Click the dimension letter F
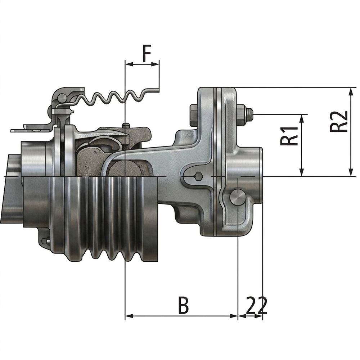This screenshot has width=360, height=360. coord(147,54)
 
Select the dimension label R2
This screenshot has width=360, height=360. coord(339,121)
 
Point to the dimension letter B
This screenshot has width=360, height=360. coord(184,305)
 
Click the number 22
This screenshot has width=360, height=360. coord(257,305)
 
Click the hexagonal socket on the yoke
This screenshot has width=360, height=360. coord(198,177)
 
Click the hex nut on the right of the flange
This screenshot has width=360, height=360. coord(241,115)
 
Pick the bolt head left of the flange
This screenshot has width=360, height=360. coord(194,115)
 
